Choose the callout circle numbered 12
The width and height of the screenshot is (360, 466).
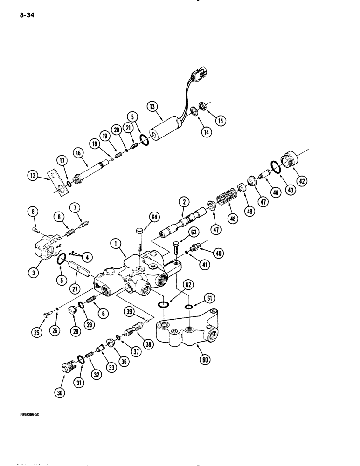(x=33, y=175)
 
